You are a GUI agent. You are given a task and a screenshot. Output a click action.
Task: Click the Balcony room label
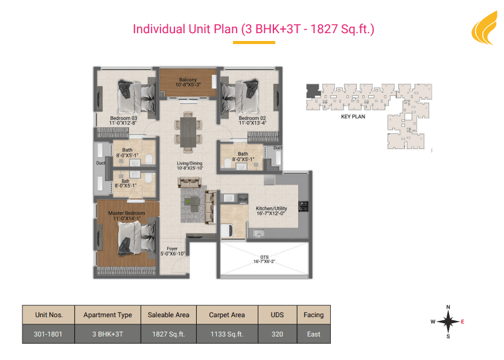(x=188, y=80)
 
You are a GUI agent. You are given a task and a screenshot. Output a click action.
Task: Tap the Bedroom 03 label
(x=123, y=118)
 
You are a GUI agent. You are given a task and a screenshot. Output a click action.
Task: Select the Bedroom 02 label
(x=252, y=118)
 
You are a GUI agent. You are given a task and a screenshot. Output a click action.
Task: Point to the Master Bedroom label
(x=127, y=213)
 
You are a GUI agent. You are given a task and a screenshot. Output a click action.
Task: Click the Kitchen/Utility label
(x=271, y=209)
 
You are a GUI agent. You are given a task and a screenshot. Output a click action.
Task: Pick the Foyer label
(x=172, y=248)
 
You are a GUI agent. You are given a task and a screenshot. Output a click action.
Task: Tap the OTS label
(x=264, y=257)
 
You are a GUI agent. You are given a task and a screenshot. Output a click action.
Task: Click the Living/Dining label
(x=190, y=163)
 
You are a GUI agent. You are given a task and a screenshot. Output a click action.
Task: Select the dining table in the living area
(x=188, y=132)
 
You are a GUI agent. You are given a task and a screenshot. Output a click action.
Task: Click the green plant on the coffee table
(x=188, y=201)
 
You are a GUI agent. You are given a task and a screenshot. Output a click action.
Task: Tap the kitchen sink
(x=259, y=233)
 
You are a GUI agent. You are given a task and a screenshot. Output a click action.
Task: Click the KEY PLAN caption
(x=353, y=116)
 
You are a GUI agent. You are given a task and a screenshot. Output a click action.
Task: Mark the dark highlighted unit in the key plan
(x=313, y=90)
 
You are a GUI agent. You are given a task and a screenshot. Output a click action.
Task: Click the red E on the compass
(x=462, y=321)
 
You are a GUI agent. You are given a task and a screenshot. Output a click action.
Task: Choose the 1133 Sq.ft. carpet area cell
(x=227, y=334)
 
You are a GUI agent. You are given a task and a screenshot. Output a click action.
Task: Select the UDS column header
(x=277, y=315)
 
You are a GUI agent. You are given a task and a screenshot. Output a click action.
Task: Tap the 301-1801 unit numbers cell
(x=48, y=334)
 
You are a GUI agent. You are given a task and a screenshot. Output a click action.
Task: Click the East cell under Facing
(x=313, y=334)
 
